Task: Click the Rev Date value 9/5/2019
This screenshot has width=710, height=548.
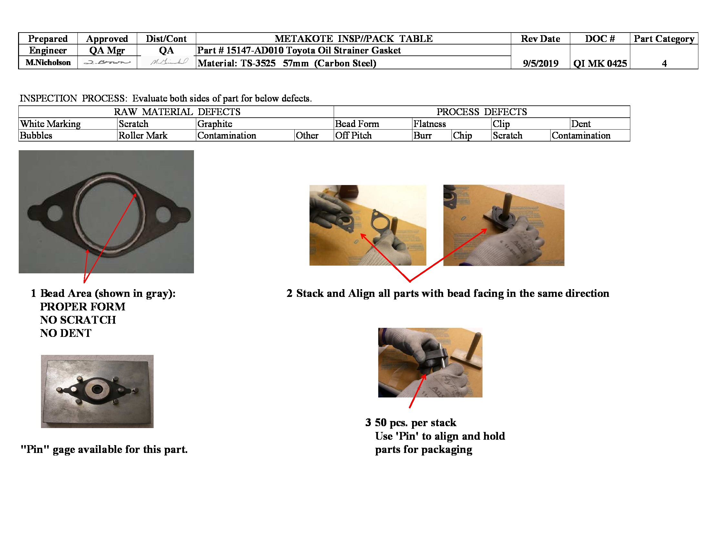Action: [x=540, y=63]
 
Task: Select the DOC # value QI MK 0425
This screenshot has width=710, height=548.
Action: [x=600, y=63]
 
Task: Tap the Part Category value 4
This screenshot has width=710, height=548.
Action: [x=664, y=63]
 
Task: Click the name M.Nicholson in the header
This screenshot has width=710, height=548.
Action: [x=48, y=62]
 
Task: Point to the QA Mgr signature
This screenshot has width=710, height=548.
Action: [x=107, y=62]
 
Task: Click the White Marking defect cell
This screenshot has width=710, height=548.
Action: [x=50, y=124]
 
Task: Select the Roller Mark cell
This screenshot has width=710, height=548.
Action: [x=143, y=135]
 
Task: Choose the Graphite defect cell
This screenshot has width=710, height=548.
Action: [x=215, y=124]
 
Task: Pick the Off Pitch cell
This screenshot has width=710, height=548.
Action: [x=353, y=135]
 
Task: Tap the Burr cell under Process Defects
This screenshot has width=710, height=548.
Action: [x=422, y=135]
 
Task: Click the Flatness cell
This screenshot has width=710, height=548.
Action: [x=430, y=124]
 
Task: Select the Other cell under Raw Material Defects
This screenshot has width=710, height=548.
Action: [x=307, y=135]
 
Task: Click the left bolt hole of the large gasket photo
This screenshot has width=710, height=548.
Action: [x=55, y=213]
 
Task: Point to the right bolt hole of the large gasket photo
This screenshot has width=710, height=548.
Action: [x=163, y=214]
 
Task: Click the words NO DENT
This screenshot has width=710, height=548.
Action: [x=66, y=333]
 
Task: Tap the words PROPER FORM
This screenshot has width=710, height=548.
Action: [x=83, y=307]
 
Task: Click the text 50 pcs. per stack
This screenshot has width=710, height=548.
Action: [x=415, y=422]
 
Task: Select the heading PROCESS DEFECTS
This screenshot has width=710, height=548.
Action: [x=482, y=112]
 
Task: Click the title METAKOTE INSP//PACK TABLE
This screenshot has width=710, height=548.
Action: [x=353, y=39]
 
